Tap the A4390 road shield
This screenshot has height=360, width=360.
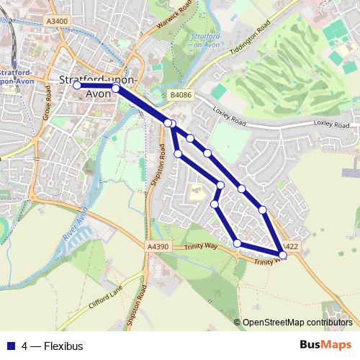[x=158, y=247]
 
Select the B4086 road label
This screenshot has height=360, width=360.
[x=181, y=94]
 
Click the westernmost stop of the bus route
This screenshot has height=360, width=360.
[x=77, y=85]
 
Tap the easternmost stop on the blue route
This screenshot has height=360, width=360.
[x=282, y=253]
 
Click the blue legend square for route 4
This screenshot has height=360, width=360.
[x=11, y=346]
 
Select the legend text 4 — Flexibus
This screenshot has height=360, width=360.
[x=53, y=346]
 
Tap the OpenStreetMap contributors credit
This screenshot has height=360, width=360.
[x=297, y=323]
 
